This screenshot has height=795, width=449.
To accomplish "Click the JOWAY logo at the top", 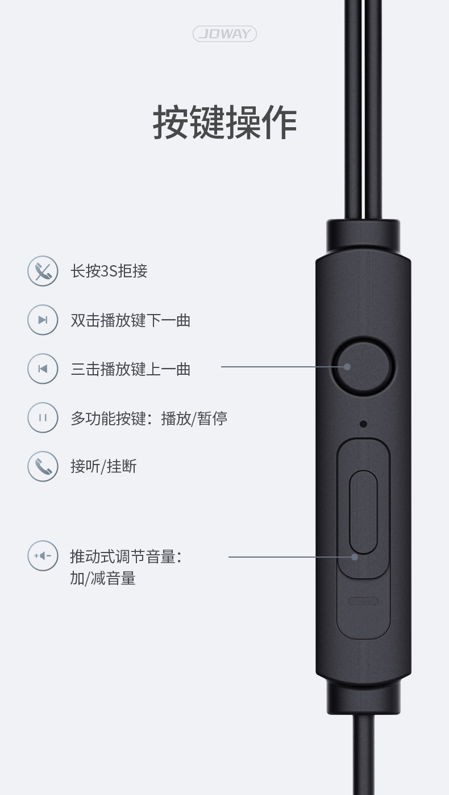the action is (224, 34).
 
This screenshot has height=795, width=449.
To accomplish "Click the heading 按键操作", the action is (225, 122).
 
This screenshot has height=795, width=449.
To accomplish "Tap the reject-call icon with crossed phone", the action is (43, 271).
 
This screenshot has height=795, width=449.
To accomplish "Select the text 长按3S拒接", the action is (109, 271).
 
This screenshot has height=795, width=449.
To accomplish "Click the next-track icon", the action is (43, 320).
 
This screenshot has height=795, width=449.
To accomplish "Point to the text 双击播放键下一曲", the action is (131, 320).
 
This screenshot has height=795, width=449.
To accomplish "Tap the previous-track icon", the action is (43, 369).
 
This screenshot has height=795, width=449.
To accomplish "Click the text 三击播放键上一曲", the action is (131, 369).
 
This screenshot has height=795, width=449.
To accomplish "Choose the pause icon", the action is (43, 417).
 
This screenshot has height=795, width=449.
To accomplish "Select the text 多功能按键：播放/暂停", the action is (149, 418).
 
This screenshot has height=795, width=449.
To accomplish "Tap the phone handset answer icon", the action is (43, 466).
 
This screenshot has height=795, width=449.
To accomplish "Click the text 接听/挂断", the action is (103, 466).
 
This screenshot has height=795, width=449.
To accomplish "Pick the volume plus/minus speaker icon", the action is (43, 556).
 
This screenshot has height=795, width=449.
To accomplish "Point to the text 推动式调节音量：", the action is (126, 556).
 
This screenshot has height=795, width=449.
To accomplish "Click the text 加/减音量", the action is (103, 578).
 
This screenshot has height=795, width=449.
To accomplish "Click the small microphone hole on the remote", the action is (363, 424).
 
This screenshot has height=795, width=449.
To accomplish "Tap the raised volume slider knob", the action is (363, 512).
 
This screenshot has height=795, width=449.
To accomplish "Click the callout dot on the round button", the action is (347, 367).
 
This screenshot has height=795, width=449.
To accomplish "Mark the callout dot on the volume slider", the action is (355, 557).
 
